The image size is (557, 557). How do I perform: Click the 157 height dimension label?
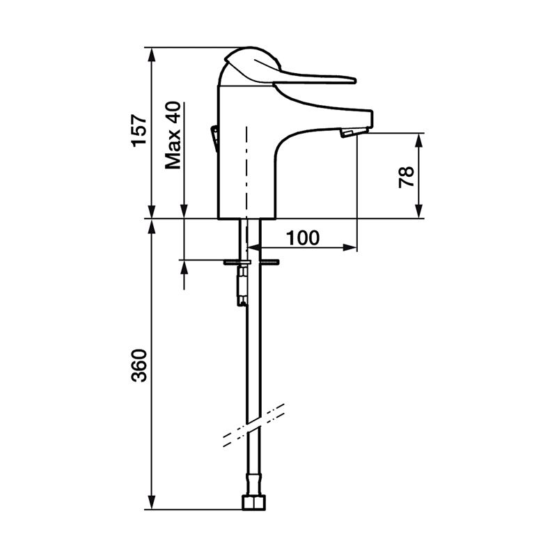point(139,130)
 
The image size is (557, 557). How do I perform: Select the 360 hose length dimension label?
point(139,366)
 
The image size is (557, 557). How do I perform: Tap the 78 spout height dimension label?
point(406,177)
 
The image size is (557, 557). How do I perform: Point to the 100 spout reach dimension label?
point(303,237)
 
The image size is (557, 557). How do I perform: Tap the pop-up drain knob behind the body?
point(214,139)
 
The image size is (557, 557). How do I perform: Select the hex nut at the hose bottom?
point(253,503)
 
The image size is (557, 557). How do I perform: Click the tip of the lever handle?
point(354,80)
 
